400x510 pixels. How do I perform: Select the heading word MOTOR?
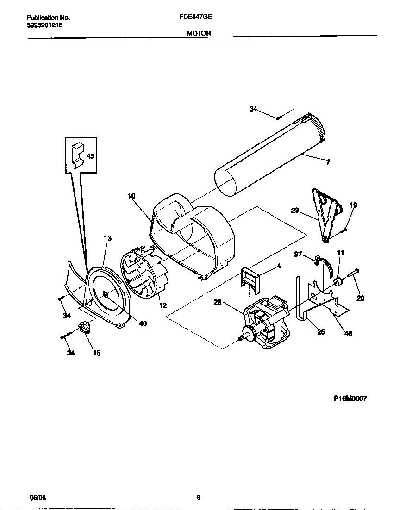click(x=199, y=33)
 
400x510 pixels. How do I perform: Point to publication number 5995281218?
click(x=45, y=25)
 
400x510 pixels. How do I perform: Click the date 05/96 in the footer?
click(x=37, y=498)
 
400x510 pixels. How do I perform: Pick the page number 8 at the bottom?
click(x=198, y=498)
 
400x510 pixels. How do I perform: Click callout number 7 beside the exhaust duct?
click(x=328, y=162)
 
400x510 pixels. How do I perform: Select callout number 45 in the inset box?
click(x=90, y=156)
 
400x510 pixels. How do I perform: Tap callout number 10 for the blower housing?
click(x=131, y=196)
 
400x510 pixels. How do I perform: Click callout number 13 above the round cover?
click(x=107, y=238)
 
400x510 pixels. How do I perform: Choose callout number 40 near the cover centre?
click(x=143, y=323)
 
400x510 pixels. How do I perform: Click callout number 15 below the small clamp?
click(x=97, y=353)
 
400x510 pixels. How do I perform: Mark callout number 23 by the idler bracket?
click(x=295, y=210)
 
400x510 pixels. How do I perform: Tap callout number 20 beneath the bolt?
click(x=360, y=298)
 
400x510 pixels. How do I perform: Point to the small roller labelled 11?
click(x=337, y=282)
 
